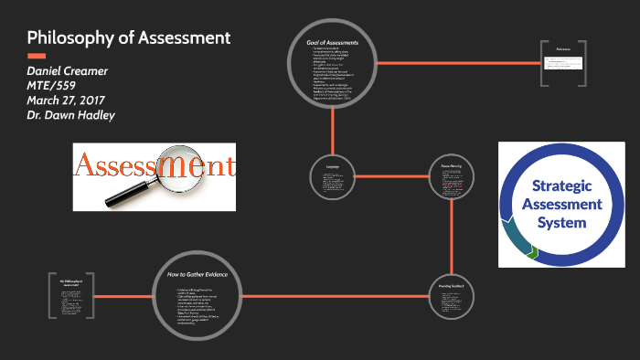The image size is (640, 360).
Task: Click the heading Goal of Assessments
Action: pos(333,43)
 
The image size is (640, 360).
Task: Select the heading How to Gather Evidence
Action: pos(197,274)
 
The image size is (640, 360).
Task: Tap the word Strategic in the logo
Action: pos(558,186)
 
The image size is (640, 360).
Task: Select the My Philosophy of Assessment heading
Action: pos(71,275)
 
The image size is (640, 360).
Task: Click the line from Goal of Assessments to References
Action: pos(457,62)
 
